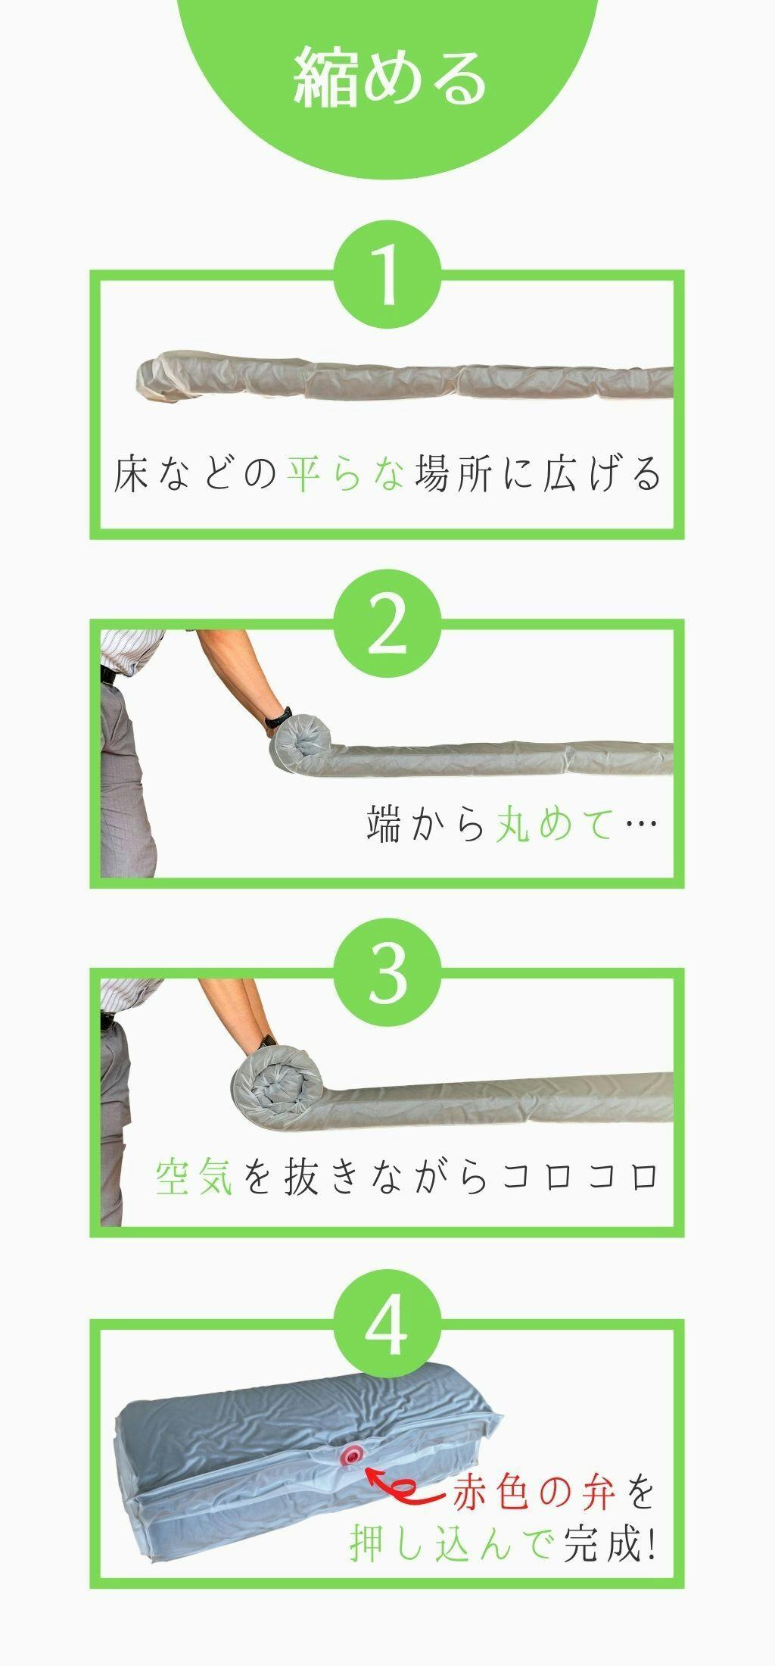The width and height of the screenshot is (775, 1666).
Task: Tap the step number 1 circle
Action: click(x=387, y=276)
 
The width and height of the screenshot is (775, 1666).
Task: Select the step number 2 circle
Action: click(x=387, y=626)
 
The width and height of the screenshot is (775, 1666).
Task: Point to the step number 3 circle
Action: click(x=387, y=975)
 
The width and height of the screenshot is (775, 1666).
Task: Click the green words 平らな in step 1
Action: click(x=346, y=474)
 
